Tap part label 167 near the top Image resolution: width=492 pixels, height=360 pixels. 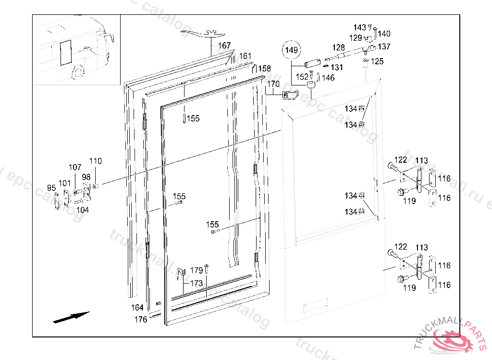point(224,46)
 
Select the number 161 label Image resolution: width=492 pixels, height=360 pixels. point(246,56)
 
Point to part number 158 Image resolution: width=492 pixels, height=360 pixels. point(265,69)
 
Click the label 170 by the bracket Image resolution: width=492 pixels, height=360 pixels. point(273,84)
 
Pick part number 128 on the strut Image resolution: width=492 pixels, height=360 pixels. point(339,48)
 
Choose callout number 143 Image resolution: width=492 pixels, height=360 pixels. point(360,27)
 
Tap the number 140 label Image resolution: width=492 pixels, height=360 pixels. point(384,34)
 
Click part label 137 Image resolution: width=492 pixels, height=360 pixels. point(384,47)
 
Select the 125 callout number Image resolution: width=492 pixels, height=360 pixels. point(377,61)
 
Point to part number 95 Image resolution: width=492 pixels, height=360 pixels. point(51,188)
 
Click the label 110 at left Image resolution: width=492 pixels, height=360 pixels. point(96,161)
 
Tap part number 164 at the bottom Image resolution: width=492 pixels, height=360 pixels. point(137,307)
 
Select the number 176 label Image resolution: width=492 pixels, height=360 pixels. point(141,320)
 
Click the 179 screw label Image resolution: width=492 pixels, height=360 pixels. point(197,271)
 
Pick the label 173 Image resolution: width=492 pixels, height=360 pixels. point(197,284)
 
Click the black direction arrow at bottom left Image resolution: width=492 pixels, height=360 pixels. point(71,317)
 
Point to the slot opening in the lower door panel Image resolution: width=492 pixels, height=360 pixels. point(315,305)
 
